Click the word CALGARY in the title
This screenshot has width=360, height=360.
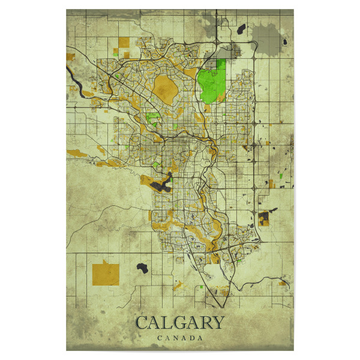[180, 323]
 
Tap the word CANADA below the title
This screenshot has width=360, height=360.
[180, 338]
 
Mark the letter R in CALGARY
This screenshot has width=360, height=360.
[204, 323]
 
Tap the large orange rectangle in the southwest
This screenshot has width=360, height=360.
[106, 272]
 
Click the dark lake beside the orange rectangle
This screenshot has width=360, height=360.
[143, 267]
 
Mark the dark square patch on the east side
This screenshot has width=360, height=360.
[264, 217]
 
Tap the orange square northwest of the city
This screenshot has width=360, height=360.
[123, 43]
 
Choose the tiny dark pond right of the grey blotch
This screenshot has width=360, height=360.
[287, 42]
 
